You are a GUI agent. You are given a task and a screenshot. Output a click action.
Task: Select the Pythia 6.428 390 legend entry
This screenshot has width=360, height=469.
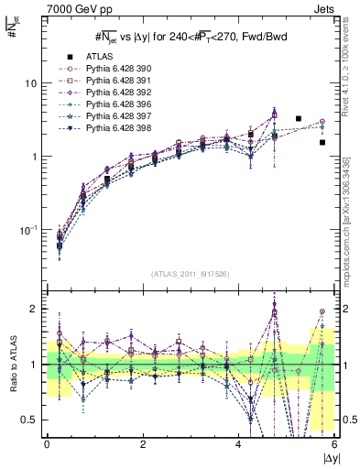tap(115, 69)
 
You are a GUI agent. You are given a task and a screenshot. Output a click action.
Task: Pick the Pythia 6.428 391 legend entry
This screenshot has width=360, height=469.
tap(115, 81)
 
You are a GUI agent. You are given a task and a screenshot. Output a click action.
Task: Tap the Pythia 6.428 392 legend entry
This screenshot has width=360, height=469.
tap(115, 93)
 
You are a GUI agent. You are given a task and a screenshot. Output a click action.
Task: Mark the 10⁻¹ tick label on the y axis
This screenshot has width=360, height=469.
tap(27, 228)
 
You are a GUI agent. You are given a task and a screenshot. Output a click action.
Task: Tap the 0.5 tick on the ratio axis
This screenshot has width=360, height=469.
tap(29, 420)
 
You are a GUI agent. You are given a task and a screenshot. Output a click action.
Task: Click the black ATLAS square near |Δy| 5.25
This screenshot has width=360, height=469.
tap(299, 118)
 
